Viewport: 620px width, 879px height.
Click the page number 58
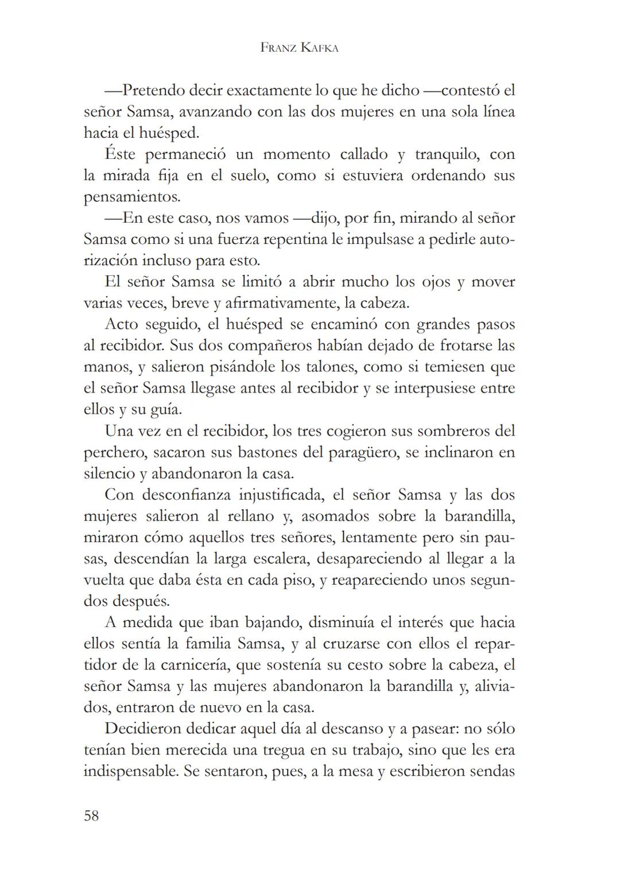[x=91, y=815]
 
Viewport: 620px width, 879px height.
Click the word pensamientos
[x=132, y=197]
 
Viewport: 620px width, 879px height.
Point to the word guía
[x=166, y=410]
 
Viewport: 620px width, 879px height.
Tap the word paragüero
[x=364, y=453]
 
